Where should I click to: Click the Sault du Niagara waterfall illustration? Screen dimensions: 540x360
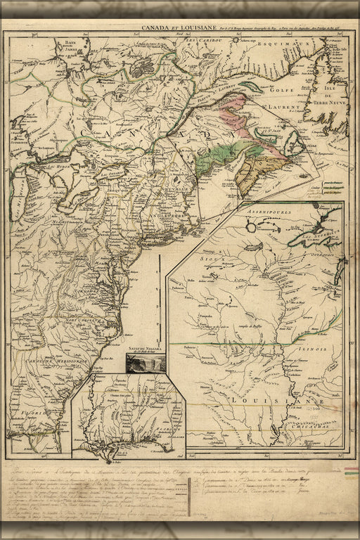(x=146, y=363)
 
